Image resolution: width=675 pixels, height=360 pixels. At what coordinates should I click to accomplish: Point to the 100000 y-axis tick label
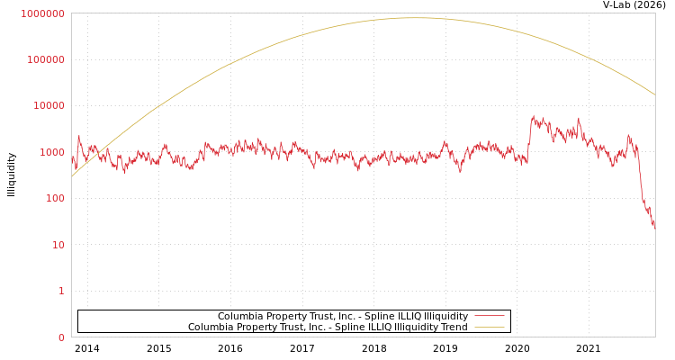coord(46,59)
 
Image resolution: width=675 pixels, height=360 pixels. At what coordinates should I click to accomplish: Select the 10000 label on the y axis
coord(49,106)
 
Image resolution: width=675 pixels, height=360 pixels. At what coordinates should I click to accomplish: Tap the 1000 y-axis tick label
coord(51,152)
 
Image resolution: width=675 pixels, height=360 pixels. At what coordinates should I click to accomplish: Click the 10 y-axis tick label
coord(58,245)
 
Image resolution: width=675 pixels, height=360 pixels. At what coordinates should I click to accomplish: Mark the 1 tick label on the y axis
coord(61,292)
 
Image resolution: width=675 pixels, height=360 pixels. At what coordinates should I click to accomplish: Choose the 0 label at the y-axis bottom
coord(61,337)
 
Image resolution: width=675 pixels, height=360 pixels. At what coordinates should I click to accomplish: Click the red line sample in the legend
coord(490,317)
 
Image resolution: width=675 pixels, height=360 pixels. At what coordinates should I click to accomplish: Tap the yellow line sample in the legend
coord(490,328)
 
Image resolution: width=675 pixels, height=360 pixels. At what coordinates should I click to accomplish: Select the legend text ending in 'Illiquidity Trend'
coord(328,328)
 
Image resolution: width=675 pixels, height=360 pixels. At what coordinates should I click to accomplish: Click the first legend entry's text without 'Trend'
coord(343,317)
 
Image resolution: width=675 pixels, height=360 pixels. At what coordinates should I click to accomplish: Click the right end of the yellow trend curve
coord(654,94)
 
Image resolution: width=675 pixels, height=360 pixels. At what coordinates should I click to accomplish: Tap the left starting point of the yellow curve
coord(72,176)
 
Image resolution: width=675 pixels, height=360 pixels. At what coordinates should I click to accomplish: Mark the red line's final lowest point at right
coord(654,228)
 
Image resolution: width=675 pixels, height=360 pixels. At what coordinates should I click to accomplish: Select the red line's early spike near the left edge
coord(79,137)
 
